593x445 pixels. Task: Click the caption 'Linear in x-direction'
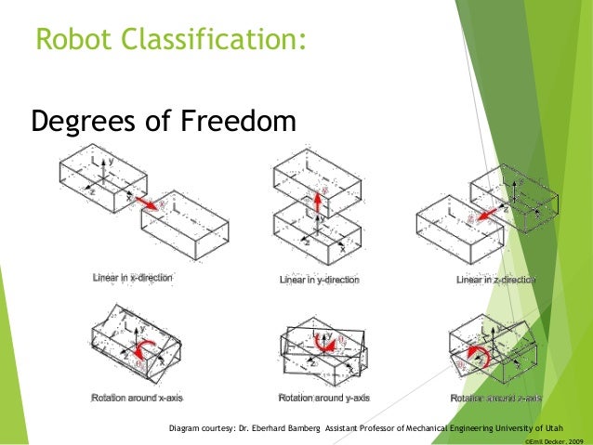pos(132,278)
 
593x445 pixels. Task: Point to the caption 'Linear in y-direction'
pos(320,280)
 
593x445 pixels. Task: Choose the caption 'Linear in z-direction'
pos(498,280)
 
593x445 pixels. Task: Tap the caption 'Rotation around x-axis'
pos(137,398)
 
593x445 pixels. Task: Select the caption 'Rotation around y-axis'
pos(323,398)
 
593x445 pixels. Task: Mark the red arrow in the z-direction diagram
pos(485,213)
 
